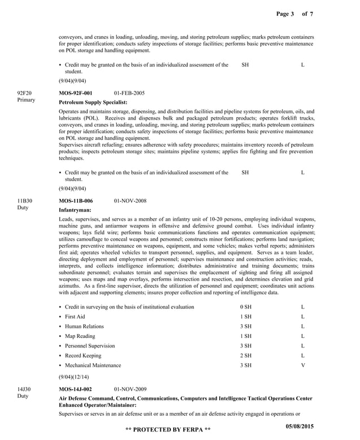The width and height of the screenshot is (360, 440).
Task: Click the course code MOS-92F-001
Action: [x=76, y=93]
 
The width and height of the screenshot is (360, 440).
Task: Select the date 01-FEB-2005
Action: [x=129, y=93]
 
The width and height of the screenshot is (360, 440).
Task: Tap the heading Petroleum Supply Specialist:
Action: [x=93, y=102]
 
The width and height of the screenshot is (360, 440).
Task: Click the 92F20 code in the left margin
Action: [x=25, y=93]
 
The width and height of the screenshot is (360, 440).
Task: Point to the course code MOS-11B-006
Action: [x=76, y=200]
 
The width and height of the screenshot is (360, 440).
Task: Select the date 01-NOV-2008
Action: [x=130, y=200]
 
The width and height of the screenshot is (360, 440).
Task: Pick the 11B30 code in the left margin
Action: [x=25, y=200]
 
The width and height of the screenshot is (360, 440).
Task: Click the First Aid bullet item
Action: [x=75, y=316]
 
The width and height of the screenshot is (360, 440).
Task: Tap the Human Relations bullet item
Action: [x=84, y=326]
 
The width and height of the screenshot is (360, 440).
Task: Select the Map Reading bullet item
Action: [x=80, y=336]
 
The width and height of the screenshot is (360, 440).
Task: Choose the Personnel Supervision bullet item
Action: [x=90, y=346]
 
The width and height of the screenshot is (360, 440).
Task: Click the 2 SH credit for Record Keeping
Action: [x=245, y=355]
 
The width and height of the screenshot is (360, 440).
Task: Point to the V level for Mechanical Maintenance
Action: [x=303, y=365]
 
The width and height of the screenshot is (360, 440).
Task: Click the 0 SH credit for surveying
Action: [x=245, y=307]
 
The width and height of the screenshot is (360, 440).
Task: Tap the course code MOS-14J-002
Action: [x=76, y=389]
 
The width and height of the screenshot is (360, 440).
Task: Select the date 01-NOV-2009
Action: [x=130, y=389]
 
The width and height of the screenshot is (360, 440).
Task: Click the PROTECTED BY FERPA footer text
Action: [x=168, y=430]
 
